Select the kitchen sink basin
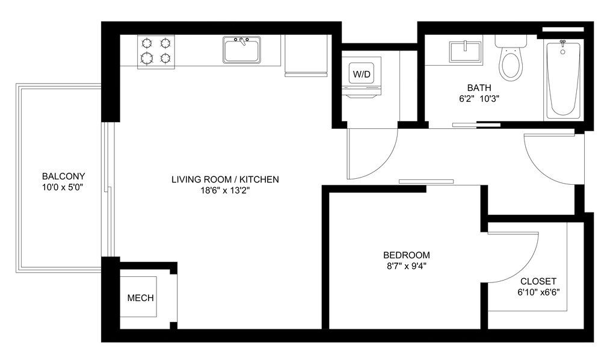click(241, 50)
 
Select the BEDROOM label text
click(407, 255)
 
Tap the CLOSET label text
click(540, 282)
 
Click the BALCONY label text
click(64, 176)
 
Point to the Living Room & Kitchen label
click(226, 179)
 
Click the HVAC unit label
click(141, 297)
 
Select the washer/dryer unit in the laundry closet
click(362, 74)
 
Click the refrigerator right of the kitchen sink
click(306, 55)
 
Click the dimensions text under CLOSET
click(539, 293)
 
